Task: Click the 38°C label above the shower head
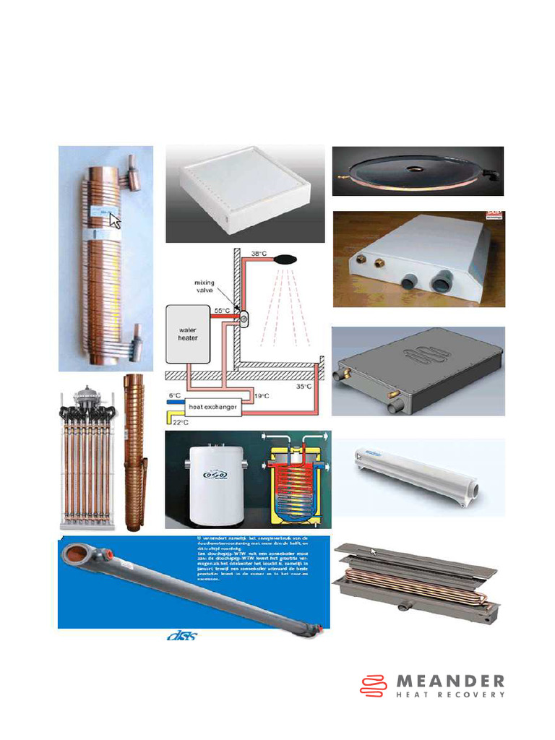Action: pos(259,254)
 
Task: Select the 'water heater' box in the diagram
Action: pos(187,333)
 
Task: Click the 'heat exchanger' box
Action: pos(214,408)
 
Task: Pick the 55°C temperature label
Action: pos(223,310)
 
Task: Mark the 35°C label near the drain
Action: pos(304,387)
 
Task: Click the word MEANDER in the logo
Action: pos(451,681)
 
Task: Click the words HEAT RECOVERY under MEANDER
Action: pos(451,695)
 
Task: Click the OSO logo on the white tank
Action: pos(212,476)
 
